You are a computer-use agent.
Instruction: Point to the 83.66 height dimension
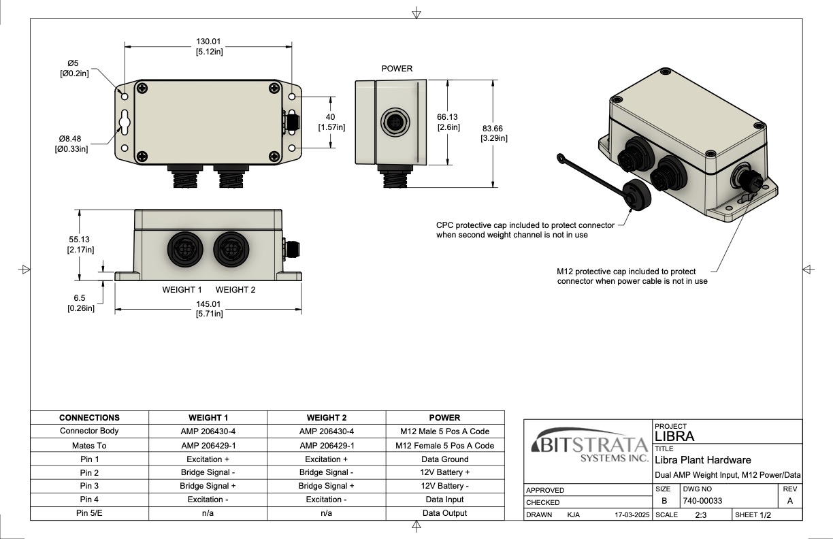point(493,129)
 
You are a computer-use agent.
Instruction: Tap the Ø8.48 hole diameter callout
point(70,139)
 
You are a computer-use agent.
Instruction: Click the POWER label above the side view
point(397,69)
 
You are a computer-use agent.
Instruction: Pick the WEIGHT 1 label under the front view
point(182,290)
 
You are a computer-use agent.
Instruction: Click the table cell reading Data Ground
point(445,459)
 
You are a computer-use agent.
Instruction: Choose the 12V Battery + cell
point(445,472)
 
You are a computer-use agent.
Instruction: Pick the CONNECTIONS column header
point(89,418)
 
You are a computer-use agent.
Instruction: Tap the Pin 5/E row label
point(89,513)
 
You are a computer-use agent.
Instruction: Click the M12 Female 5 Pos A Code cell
point(445,446)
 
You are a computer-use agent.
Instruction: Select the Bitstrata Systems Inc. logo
point(589,447)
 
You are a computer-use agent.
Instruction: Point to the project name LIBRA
point(674,436)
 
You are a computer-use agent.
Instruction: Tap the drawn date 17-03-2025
point(631,515)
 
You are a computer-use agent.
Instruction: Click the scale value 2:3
point(700,515)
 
